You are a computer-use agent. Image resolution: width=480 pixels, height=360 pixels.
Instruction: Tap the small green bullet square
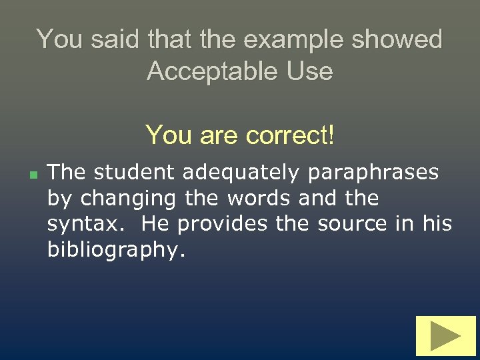32,174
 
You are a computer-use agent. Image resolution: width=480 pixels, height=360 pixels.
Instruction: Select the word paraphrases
373,173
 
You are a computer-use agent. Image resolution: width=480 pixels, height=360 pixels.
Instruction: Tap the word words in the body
259,198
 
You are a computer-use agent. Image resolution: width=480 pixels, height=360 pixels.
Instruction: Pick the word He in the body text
155,223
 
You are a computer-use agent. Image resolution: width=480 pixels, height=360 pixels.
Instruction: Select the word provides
220,223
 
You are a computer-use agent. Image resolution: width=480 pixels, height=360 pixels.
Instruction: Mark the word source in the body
345,223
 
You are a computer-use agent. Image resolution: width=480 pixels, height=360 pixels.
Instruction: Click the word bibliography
113,249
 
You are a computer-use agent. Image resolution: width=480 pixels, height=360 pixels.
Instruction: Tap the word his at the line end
437,223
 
